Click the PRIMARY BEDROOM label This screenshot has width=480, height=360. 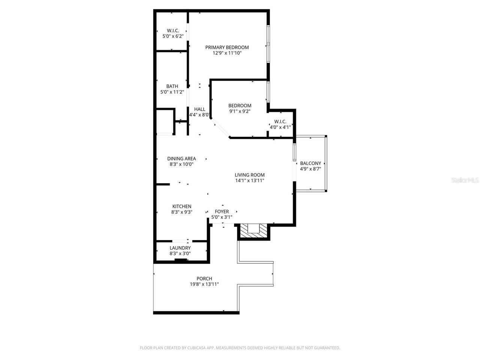tap(227, 47)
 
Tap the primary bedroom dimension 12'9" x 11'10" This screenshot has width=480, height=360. tap(227, 53)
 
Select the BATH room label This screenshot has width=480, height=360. tap(172, 86)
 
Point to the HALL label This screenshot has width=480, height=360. tap(199, 109)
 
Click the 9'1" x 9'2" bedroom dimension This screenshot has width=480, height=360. tap(240, 111)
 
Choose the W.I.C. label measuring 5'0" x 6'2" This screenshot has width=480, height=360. tap(173, 30)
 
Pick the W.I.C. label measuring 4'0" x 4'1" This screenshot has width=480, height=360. tap(280, 121)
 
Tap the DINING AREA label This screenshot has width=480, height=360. tap(181, 159)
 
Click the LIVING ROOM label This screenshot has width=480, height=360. tap(250, 175)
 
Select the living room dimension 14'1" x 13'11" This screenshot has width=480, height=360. tap(250, 181)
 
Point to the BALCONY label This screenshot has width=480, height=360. tap(310, 163)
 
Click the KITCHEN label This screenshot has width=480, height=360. tap(182, 206)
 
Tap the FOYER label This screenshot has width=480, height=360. tap(222, 211)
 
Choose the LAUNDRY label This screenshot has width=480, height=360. tap(180, 248)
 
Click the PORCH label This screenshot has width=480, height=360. tap(204, 279)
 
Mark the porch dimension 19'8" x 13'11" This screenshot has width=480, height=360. tap(204, 285)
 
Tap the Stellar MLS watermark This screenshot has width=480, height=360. tap(465, 180)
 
